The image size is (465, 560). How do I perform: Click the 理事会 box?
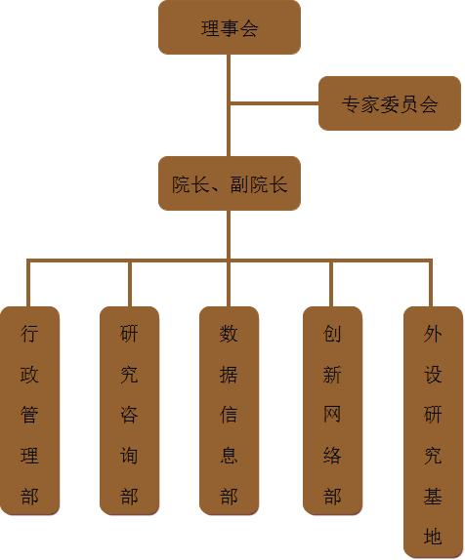tap(230, 27)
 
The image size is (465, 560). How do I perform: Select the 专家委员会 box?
tap(390, 103)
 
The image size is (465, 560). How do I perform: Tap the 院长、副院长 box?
tap(230, 183)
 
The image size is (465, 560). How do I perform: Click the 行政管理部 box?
tap(29, 411)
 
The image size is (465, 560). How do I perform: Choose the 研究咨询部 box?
tap(129, 411)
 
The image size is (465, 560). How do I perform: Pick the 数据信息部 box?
tap(229, 411)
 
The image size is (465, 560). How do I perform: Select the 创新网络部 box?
tap(332, 411)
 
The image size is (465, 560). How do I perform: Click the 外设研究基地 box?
tap(433, 431)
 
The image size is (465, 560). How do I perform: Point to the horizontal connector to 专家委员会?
tap(275, 103)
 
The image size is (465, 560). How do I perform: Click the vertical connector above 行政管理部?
tap(28, 284)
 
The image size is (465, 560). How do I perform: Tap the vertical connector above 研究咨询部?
tap(130, 284)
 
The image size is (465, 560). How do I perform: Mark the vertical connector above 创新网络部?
tap(331, 284)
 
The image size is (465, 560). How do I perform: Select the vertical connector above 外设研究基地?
tap(431, 284)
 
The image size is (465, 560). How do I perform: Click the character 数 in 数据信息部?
tap(229, 334)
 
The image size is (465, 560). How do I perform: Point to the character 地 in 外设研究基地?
tap(433, 537)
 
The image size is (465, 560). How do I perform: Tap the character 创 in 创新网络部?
tap(332, 334)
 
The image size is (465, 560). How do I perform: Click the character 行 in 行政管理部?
tap(29, 334)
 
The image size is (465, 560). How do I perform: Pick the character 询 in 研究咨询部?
tap(129, 456)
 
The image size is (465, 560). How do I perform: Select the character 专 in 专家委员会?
tap(351, 104)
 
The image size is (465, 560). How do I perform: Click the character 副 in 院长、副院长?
tap(239, 184)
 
